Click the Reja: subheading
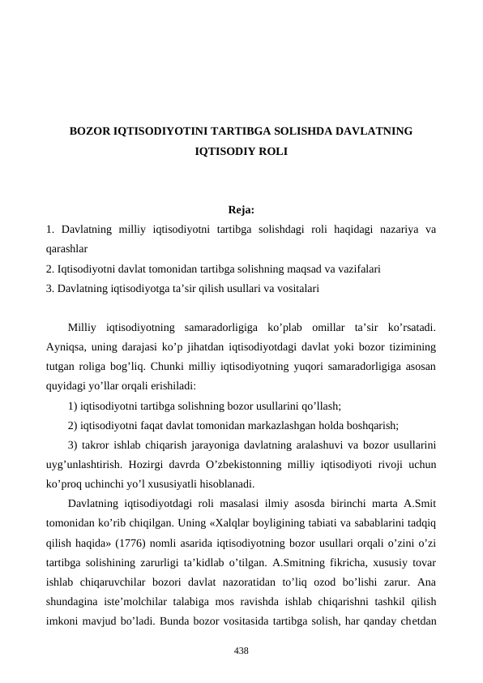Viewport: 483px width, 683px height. (x=241, y=210)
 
